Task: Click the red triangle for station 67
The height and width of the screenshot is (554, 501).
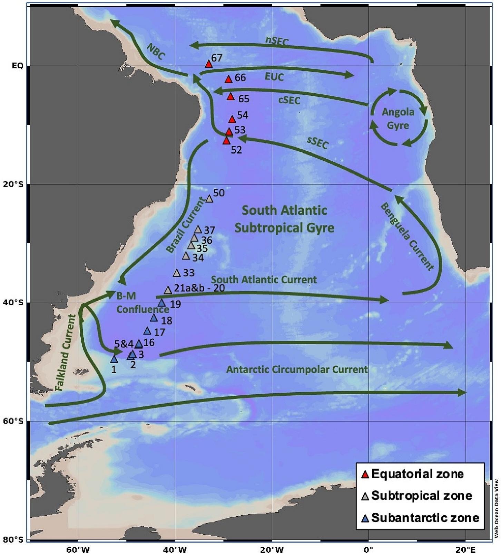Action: point(208,64)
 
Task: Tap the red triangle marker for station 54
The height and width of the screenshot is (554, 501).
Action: point(232,120)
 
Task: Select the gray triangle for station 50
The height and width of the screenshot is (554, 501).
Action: point(209,199)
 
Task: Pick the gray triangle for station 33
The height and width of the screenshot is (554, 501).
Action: point(177,273)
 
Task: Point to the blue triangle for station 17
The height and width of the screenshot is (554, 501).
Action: point(147,331)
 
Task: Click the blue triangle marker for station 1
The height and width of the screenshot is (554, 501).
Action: point(114,359)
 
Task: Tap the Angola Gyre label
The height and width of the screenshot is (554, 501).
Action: point(398,119)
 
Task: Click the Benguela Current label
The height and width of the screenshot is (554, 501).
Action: point(407,236)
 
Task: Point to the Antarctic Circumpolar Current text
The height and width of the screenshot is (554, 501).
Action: point(297,370)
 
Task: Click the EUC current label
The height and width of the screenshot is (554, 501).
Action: point(274,77)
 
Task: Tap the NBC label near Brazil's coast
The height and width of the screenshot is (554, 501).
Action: point(156,52)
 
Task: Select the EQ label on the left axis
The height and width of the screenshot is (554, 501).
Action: point(18,65)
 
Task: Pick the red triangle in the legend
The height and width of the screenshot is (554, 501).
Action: point(365,475)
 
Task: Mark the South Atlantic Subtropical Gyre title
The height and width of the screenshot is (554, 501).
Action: point(284,219)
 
